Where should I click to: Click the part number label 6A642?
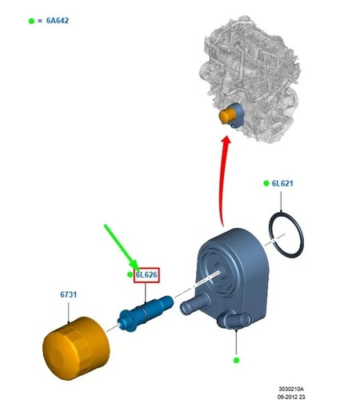tap(58, 21)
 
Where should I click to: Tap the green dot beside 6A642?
tap(31, 21)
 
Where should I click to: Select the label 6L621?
tap(282, 183)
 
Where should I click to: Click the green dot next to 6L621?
tap(266, 183)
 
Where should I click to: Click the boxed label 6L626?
tap(146, 274)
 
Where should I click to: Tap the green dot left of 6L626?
tap(130, 274)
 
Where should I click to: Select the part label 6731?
tap(69, 294)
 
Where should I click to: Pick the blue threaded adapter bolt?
tap(146, 313)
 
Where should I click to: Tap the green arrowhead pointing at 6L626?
tap(134, 265)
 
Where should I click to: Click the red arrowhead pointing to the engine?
tap(226, 141)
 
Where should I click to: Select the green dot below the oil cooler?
tap(236, 360)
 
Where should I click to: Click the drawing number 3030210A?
tap(291, 389)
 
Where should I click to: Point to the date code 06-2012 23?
tap(291, 397)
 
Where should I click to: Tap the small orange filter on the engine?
tap(227, 114)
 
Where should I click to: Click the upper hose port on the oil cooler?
tap(191, 304)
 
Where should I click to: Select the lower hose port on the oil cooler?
tap(233, 320)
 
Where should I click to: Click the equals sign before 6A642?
tap(40, 21)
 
